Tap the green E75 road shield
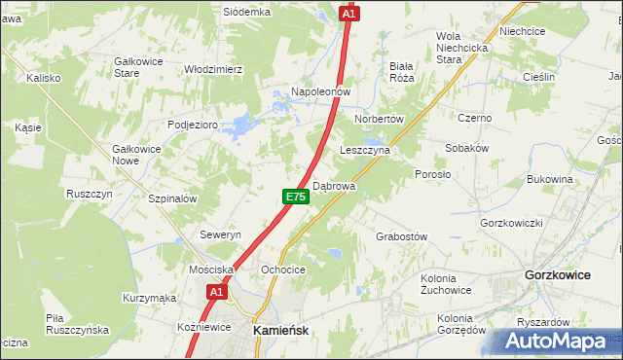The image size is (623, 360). pyautogui.click(x=296, y=198)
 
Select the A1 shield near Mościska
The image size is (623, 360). pyautogui.click(x=216, y=291)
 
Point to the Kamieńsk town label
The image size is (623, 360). pyautogui.click(x=280, y=330)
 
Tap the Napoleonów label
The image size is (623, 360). pyautogui.click(x=318, y=91)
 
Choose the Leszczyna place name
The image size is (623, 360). pyautogui.click(x=365, y=151)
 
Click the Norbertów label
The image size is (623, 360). pyautogui.click(x=380, y=118)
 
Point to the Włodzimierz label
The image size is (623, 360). pyautogui.click(x=213, y=69)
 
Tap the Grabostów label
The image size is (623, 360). pyautogui.click(x=401, y=236)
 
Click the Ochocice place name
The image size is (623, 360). pyautogui.click(x=283, y=270)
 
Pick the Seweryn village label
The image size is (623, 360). pyautogui.click(x=220, y=235)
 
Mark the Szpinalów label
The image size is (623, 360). pyautogui.click(x=173, y=198)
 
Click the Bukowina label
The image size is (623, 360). pyautogui.click(x=549, y=180)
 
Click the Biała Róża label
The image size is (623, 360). pyautogui.click(x=402, y=71)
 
